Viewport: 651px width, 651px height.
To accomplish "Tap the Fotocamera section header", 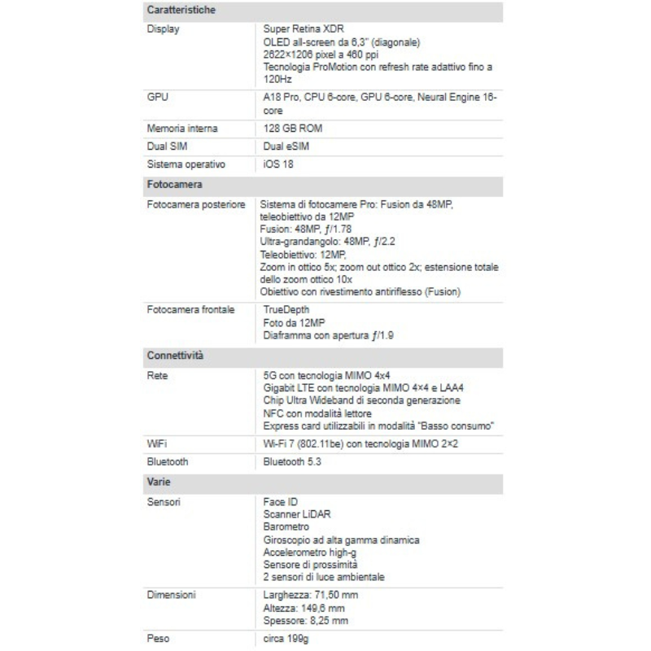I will coord(174,186).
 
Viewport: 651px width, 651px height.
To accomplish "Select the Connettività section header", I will coord(174,356).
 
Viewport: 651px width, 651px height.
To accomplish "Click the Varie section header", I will coord(158,482).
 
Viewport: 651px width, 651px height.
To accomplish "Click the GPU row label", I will coord(158,96).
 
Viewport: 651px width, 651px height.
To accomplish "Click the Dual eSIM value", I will coord(286,146).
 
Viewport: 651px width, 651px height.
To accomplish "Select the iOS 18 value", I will coord(278,165).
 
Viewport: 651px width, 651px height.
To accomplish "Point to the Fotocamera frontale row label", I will coord(190,310).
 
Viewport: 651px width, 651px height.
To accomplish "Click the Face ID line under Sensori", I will coord(282,502).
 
